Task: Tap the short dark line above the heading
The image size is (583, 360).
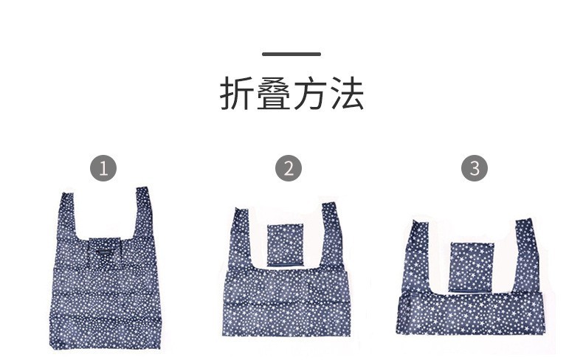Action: click(291, 54)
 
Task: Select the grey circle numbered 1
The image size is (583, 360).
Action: click(103, 168)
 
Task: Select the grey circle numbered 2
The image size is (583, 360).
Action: click(289, 168)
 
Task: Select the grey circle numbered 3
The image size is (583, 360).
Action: click(475, 168)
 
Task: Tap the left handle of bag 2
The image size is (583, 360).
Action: click(240, 236)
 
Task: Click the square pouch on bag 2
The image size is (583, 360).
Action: click(284, 245)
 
